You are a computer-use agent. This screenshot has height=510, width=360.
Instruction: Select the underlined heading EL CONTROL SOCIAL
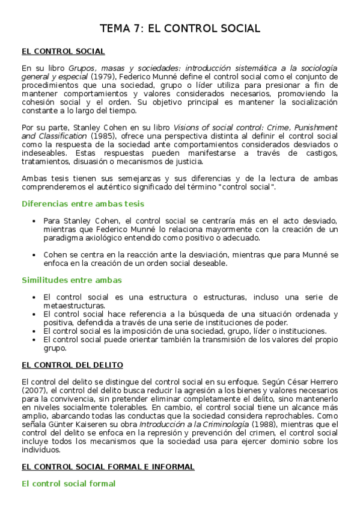(x=63, y=52)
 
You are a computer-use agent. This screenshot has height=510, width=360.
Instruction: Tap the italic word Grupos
(x=82, y=69)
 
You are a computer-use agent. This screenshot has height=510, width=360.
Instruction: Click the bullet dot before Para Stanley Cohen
(x=35, y=221)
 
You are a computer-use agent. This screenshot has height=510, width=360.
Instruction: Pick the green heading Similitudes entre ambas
(x=72, y=280)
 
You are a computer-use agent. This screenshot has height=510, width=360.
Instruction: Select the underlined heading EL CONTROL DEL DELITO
(x=72, y=364)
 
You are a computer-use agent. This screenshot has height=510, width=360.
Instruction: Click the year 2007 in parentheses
(x=32, y=390)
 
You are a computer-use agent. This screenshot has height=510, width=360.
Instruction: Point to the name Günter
(x=63, y=424)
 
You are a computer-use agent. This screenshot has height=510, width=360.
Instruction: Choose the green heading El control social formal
(x=69, y=483)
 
